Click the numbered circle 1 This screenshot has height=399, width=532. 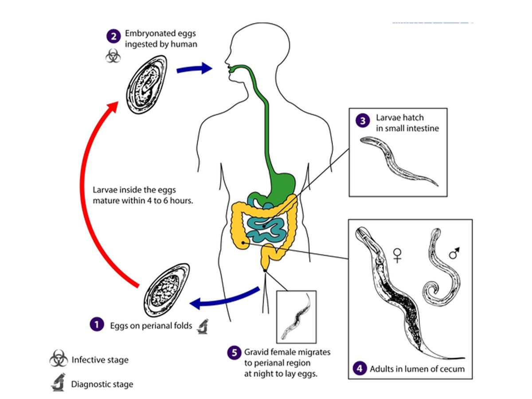tap(97, 325)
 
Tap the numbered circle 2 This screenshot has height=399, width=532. tap(113, 36)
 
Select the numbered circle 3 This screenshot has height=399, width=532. tap(363, 121)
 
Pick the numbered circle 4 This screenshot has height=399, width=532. tap(360, 369)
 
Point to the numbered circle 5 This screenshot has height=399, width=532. tap(235, 353)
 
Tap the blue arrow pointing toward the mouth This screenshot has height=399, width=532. tap(194, 68)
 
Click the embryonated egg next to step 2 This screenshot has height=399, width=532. tap(146, 85)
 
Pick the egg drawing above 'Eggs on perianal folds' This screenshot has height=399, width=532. tap(167, 290)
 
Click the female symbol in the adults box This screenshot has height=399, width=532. tap(397, 255)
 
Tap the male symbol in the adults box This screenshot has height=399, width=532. tap(454, 253)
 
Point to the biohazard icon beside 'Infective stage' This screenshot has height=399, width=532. tap(59, 358)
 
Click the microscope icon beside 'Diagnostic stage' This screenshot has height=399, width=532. tap(59, 382)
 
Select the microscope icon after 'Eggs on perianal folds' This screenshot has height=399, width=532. tap(203, 327)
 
